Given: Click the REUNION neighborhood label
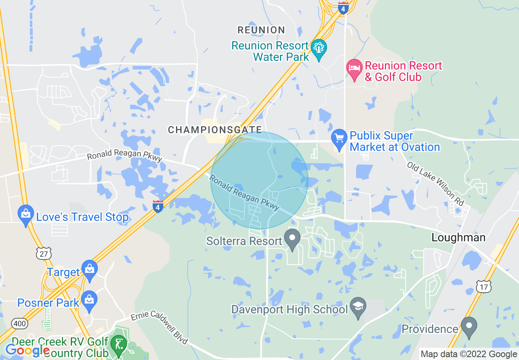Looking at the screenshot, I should [x=261, y=30].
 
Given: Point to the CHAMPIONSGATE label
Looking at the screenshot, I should [x=215, y=130].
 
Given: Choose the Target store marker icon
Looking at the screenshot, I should [x=89, y=269].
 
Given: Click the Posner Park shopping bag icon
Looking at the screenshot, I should [x=89, y=300].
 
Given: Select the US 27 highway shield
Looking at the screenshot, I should [x=43, y=254].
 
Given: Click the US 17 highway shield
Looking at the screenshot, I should [x=484, y=287].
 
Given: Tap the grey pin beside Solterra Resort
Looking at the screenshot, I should [x=292, y=238].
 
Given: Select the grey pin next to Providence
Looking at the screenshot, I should [x=469, y=326].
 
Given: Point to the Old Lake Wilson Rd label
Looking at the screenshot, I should [x=435, y=184].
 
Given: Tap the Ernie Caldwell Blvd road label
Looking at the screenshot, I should [x=159, y=327].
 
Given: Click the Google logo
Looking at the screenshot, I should [x=27, y=351].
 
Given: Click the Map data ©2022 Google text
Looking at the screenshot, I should [x=469, y=354].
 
